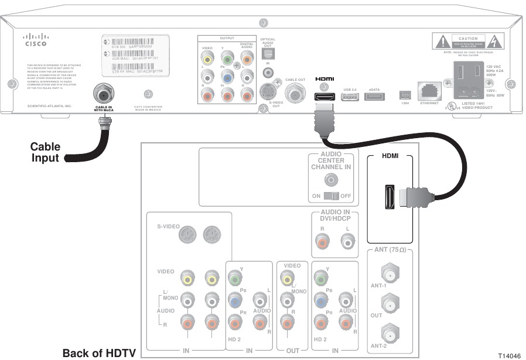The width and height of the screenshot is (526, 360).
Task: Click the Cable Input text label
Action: click(45, 153)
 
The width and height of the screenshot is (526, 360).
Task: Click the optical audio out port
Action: click(267, 53)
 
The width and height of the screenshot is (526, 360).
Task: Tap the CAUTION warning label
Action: click(468, 41)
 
